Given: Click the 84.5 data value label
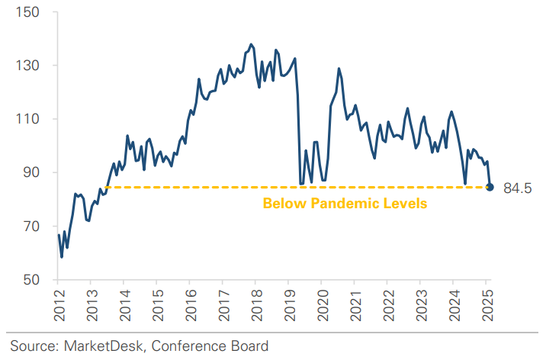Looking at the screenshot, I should [518, 188].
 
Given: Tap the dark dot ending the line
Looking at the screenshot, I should [490, 187].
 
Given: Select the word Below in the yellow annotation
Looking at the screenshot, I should [281, 204].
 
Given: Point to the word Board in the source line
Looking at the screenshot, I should [249, 346].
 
